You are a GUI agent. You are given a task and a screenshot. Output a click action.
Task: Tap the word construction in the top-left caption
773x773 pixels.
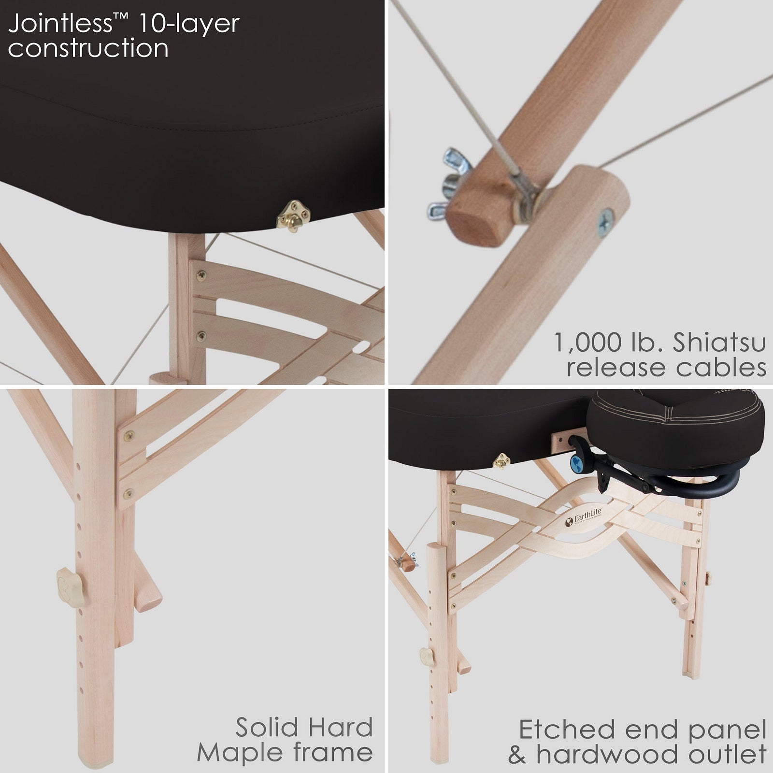[x=88, y=48]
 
